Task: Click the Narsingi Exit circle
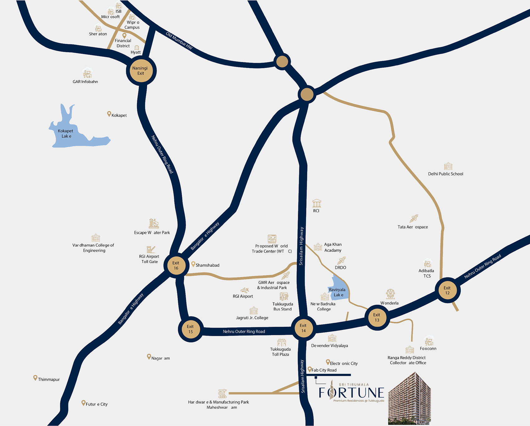click(141, 71)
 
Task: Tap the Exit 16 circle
click(176, 266)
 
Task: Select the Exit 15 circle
click(191, 329)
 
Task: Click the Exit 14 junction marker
click(304, 328)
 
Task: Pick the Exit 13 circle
click(377, 318)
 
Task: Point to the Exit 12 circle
click(447, 291)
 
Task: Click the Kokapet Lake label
click(66, 134)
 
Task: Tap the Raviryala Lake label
click(338, 292)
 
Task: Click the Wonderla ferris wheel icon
click(390, 294)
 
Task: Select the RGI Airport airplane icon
click(245, 290)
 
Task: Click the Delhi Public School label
click(445, 174)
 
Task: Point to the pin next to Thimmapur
click(35, 378)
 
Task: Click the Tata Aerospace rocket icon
click(414, 218)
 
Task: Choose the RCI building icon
click(317, 203)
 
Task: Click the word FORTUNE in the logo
click(351, 393)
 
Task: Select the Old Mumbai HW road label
click(179, 41)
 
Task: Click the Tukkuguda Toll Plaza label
click(280, 352)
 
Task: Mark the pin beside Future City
click(83, 403)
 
